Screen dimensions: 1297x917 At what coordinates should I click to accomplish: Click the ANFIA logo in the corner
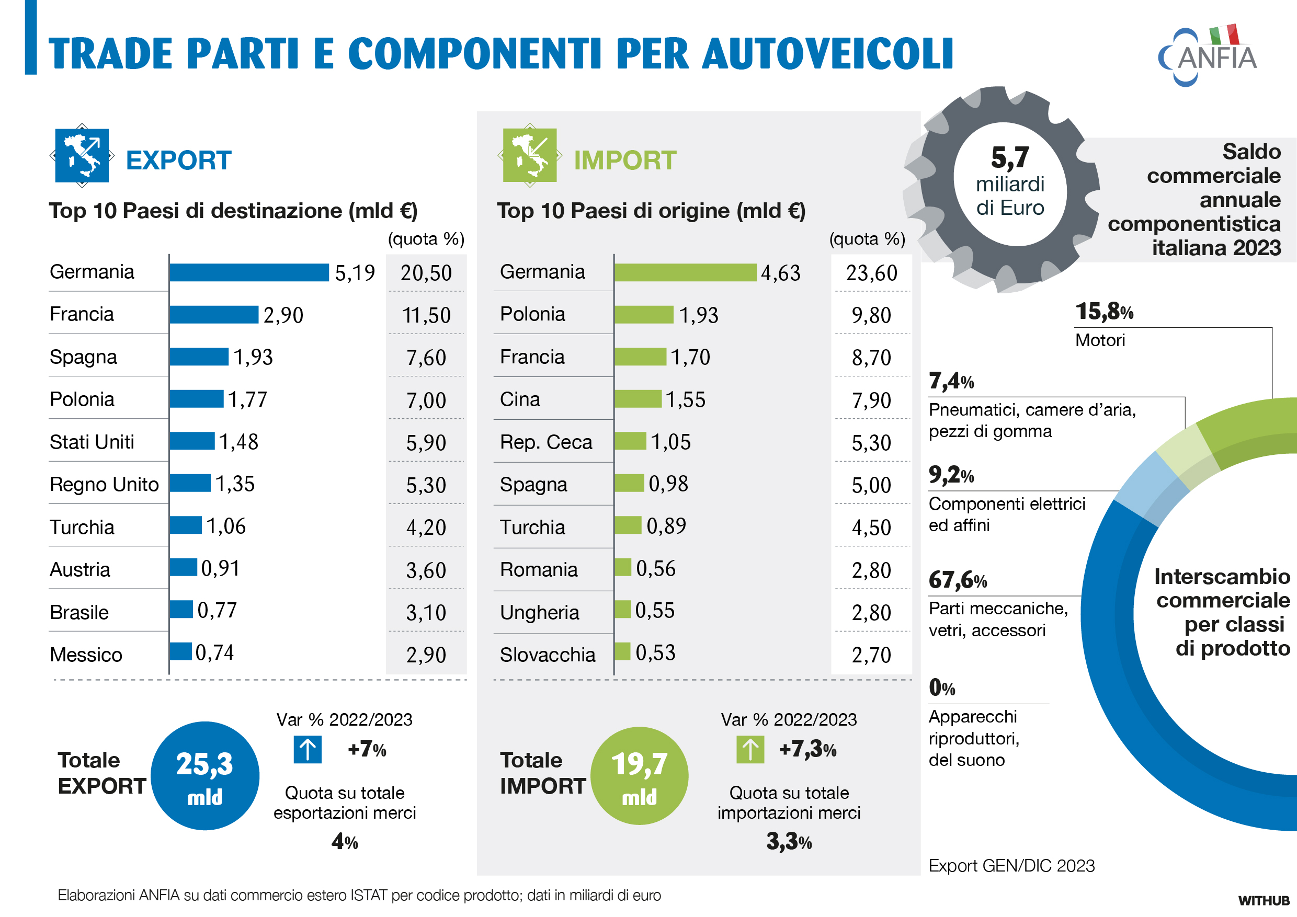pos(1208,56)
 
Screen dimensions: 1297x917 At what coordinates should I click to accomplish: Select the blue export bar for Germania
pos(249,272)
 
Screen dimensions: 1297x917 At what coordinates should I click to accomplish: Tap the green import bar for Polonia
pos(644,315)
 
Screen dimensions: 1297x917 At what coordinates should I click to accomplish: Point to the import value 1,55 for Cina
pos(685,400)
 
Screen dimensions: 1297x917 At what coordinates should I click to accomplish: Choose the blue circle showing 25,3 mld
pos(205,775)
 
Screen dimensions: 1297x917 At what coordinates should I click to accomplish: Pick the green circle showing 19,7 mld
pos(640,775)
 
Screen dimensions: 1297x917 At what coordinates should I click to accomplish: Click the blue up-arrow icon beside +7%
pos(308,749)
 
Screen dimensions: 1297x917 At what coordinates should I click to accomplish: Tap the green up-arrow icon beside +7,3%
pos(750,749)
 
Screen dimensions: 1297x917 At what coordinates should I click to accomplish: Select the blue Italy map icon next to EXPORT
pos(82,155)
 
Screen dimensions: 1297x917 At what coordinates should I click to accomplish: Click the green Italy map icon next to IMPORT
pos(530,155)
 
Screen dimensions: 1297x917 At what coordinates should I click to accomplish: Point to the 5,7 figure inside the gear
pos(1010,157)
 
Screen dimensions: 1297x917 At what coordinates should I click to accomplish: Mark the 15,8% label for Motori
pos(1105,311)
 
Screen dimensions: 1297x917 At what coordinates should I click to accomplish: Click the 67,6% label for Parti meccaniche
pos(958,580)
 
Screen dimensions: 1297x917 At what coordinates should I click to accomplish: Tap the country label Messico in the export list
pos(86,655)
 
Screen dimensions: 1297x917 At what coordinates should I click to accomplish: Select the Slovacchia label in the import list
pos(548,655)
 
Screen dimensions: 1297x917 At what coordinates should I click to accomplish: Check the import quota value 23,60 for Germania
pos(872,273)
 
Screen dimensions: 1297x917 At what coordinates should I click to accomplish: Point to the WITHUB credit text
pos(1264,900)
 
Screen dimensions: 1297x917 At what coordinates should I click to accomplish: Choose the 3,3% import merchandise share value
pos(789,841)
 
